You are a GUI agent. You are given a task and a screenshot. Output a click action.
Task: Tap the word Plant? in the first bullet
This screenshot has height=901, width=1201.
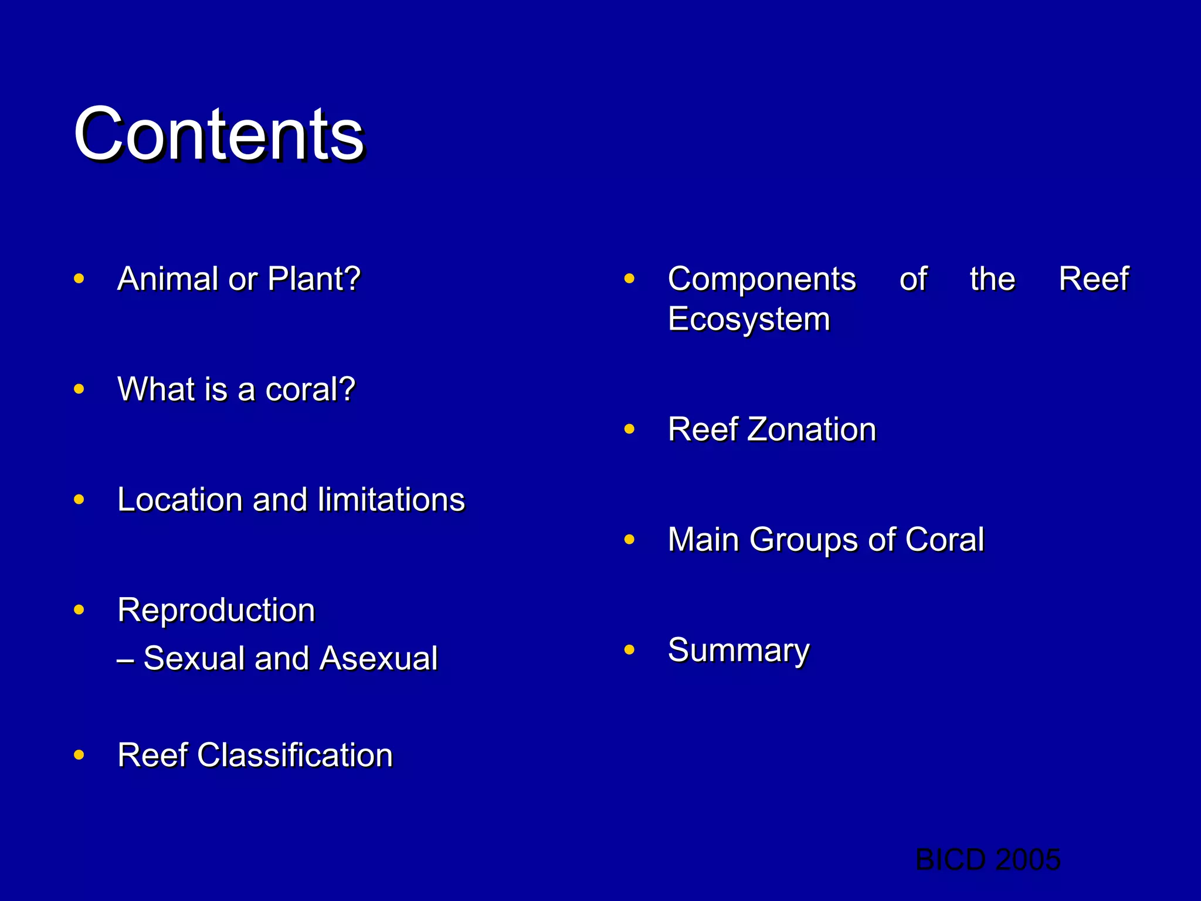click(314, 279)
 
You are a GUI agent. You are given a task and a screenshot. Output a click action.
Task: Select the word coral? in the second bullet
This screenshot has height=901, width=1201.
click(310, 389)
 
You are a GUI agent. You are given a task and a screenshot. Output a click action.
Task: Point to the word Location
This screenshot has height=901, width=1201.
click(179, 500)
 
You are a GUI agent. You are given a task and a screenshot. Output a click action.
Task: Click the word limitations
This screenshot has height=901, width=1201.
click(391, 500)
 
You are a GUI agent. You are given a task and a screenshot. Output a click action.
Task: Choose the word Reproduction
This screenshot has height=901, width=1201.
click(216, 611)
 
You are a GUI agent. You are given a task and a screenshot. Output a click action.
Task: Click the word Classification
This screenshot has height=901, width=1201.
click(295, 755)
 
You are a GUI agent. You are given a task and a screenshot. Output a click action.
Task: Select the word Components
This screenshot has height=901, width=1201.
click(762, 279)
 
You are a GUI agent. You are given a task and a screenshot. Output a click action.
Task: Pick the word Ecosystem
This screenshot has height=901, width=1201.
click(749, 319)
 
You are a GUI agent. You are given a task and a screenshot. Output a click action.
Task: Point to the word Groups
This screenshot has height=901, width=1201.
click(805, 540)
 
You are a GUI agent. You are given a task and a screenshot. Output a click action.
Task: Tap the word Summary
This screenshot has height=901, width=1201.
click(738, 651)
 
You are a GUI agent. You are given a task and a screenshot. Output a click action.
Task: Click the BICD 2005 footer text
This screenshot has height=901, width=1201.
click(988, 860)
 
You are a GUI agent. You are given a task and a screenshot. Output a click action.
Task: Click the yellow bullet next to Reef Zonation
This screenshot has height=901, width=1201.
click(629, 429)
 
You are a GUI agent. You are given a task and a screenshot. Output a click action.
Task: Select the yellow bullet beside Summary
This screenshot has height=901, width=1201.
click(629, 649)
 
